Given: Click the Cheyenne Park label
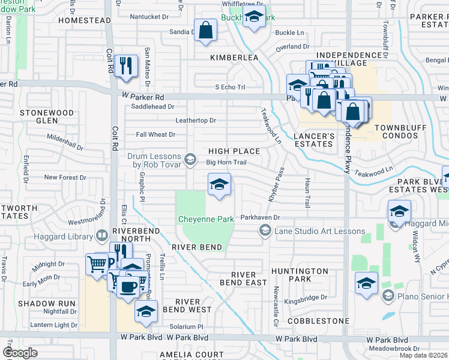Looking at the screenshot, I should point(206,220).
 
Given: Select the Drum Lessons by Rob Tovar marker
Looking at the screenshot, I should point(190,159).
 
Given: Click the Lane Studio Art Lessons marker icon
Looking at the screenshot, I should point(264,230).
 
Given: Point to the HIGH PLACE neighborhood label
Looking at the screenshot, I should point(234,151).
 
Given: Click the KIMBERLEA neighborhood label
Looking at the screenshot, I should point(234,58).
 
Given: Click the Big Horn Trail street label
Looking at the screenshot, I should point(226,162).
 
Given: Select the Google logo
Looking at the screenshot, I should point(20,353).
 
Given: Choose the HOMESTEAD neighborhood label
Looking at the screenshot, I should point(85,20).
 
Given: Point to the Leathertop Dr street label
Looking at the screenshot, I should point(195,121).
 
